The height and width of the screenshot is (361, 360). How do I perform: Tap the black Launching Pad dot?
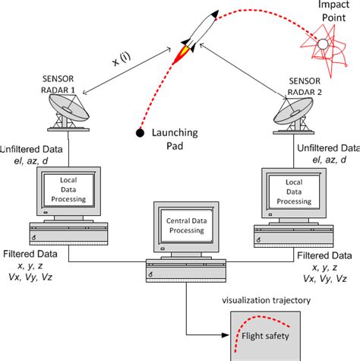(140, 134)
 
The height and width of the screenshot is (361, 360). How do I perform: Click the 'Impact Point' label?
(330, 11)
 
